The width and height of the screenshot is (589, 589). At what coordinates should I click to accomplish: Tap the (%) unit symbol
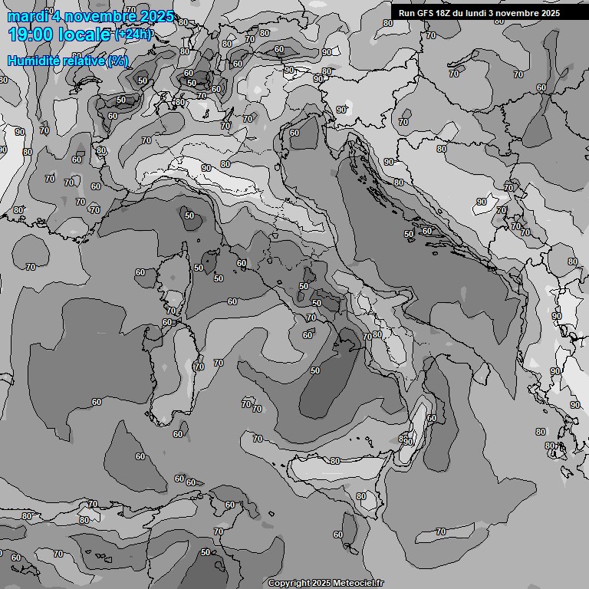pyautogui.click(x=117, y=61)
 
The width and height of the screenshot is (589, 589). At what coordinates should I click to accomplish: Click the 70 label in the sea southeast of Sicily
pyautogui.click(x=441, y=531)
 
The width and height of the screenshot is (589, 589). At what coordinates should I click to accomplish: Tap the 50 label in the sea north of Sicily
pyautogui.click(x=315, y=370)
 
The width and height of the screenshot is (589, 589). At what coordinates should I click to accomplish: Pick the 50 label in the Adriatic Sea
pyautogui.click(x=409, y=234)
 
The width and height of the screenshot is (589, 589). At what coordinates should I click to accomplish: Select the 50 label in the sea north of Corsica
pyautogui.click(x=189, y=216)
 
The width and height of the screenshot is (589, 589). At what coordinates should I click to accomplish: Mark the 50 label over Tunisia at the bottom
pyautogui.click(x=205, y=552)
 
